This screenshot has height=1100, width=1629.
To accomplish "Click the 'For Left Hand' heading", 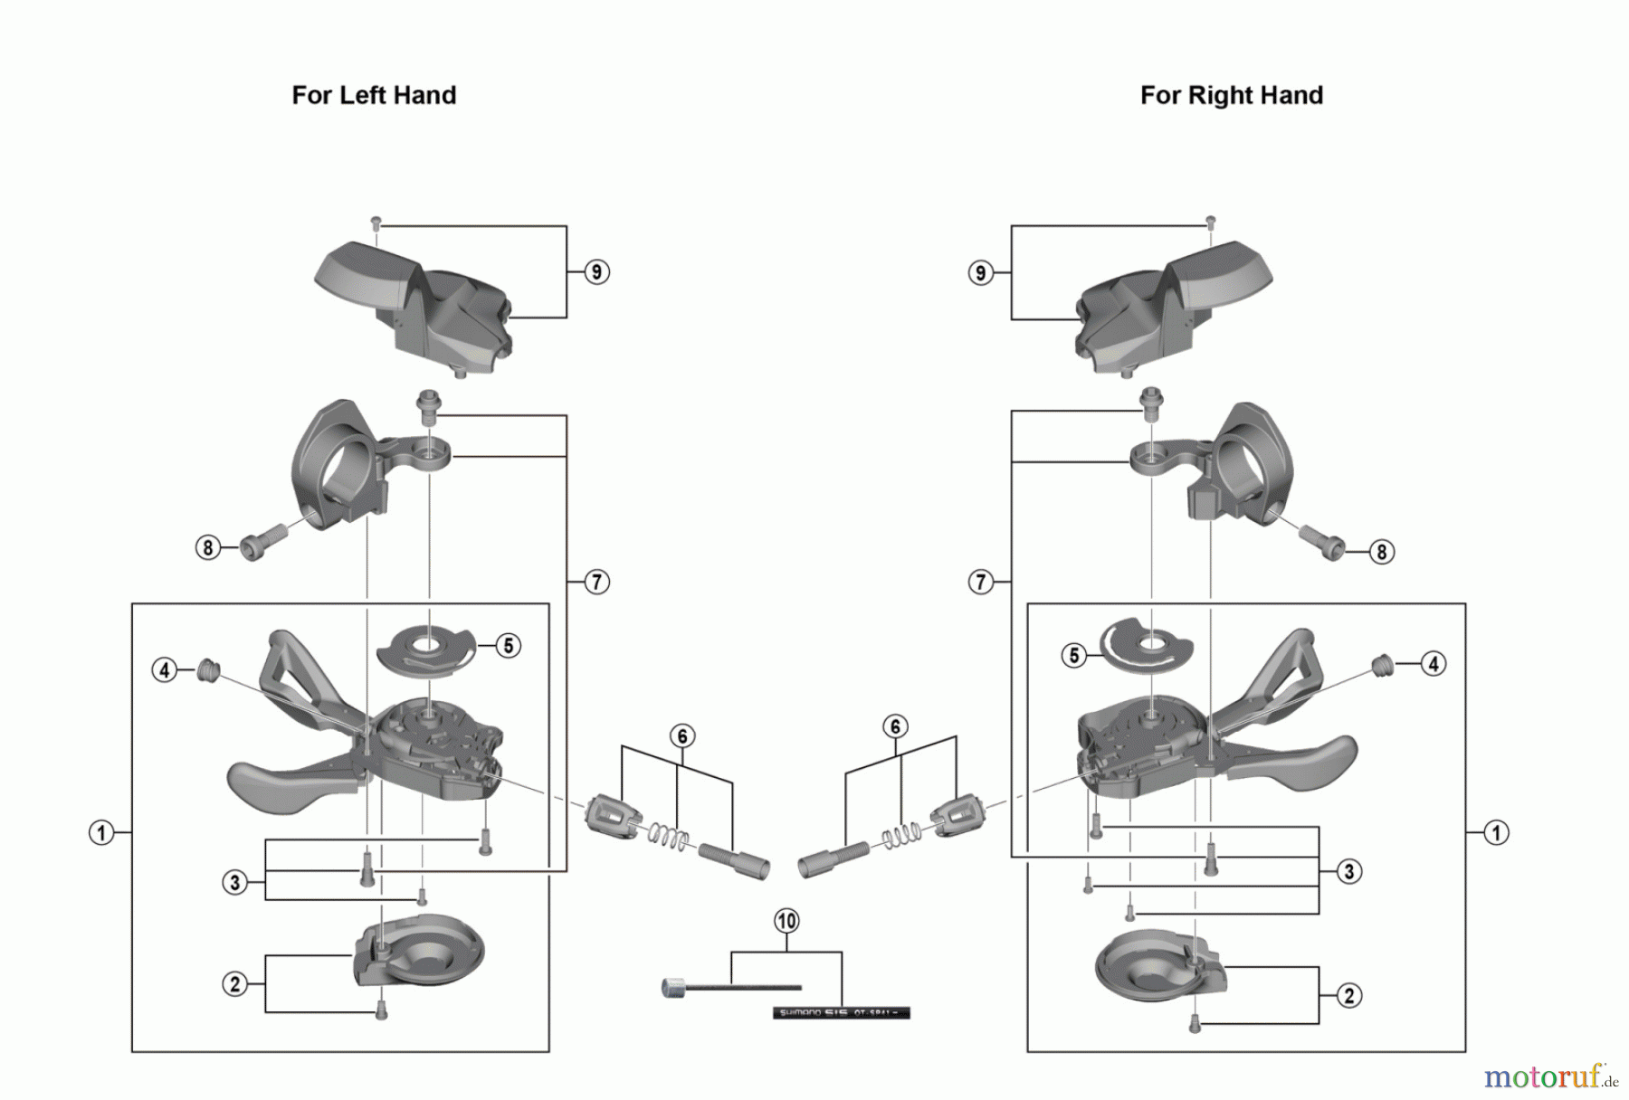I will coord(374,95).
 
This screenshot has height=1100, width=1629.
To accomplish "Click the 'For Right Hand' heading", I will coord(1231,95).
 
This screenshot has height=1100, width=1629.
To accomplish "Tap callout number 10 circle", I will coord(786,921).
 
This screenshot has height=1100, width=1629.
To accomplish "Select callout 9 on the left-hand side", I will coord(596,271).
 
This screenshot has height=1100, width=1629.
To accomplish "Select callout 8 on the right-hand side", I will coord(1381,551).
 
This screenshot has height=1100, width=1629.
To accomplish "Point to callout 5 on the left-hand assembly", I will coord(509,645).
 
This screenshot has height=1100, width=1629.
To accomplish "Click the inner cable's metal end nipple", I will coord(674,988).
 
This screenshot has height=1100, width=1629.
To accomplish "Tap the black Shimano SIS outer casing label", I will coord(841,1013).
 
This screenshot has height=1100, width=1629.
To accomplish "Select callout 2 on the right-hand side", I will coord(1348,995).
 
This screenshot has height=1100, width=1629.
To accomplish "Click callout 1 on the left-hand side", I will coord(101,832).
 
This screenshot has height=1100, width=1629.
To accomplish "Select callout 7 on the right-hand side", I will coord(981,582).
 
